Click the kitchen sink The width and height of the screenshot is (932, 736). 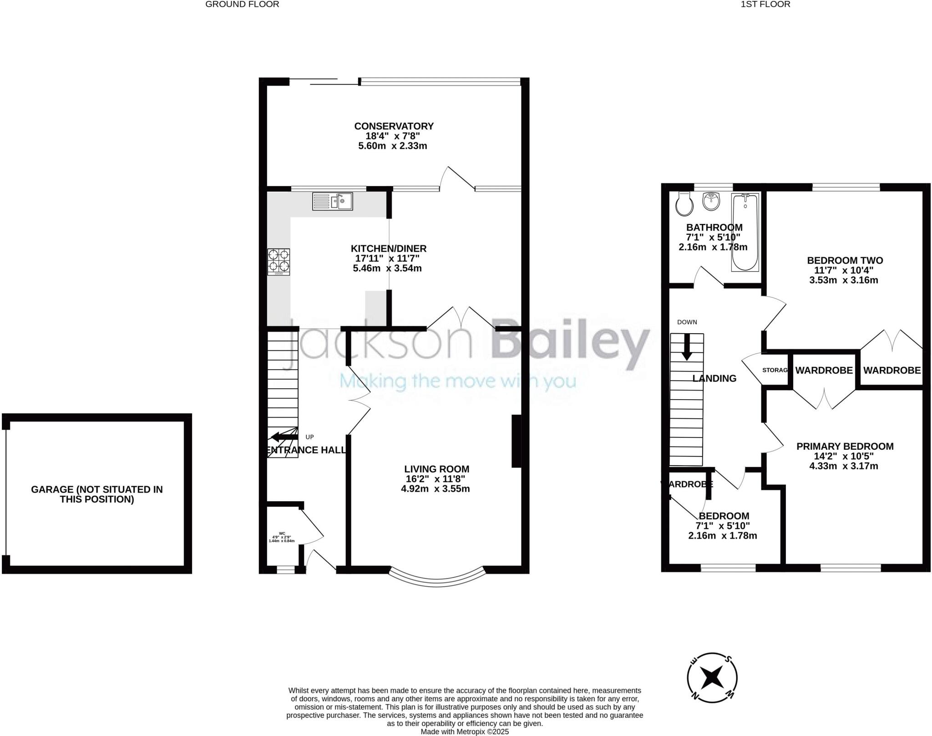[333, 201]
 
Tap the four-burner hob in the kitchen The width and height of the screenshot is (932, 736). [279, 262]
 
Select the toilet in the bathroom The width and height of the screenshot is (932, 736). [684, 204]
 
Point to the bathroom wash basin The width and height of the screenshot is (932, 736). [712, 201]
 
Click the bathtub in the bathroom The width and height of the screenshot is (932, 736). [745, 232]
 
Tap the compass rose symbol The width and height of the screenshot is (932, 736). [712, 690]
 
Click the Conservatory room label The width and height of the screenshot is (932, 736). [394, 126]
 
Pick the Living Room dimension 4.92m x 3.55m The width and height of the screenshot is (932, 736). [436, 489]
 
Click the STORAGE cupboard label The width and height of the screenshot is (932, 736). [775, 370]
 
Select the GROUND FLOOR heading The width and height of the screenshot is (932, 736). [242, 5]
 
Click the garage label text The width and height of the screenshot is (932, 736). [97, 494]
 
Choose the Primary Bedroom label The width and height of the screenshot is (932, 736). [845, 447]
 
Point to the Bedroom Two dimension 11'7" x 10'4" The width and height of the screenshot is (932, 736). [844, 270]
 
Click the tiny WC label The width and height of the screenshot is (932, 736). [282, 533]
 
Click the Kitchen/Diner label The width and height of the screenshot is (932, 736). [389, 249]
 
